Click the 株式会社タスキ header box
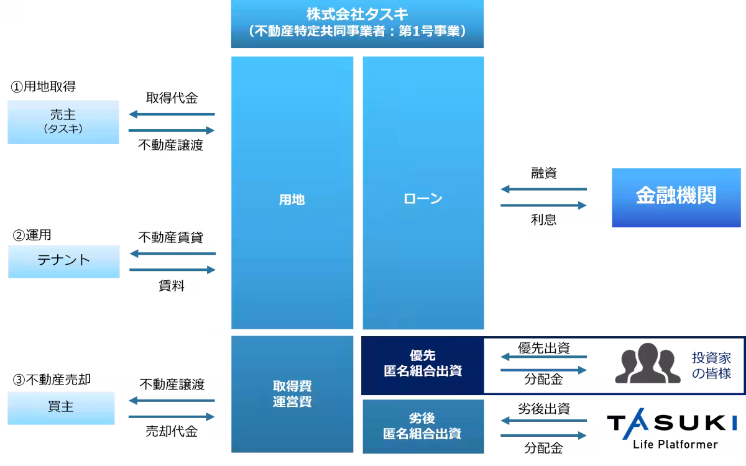357,24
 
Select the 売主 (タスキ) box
63,122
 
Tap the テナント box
64,261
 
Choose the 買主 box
62,408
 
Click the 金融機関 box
676,196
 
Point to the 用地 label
292,200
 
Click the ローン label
423,199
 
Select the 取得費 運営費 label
292,394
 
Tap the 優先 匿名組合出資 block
423,363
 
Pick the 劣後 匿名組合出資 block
423,426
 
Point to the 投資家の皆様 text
711,366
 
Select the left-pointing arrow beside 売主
171,114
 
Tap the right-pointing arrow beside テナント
173,270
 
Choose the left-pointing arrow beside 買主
171,401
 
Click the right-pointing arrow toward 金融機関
544,205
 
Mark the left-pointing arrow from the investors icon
544,357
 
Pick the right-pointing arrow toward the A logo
544,436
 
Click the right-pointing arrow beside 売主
172,130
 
